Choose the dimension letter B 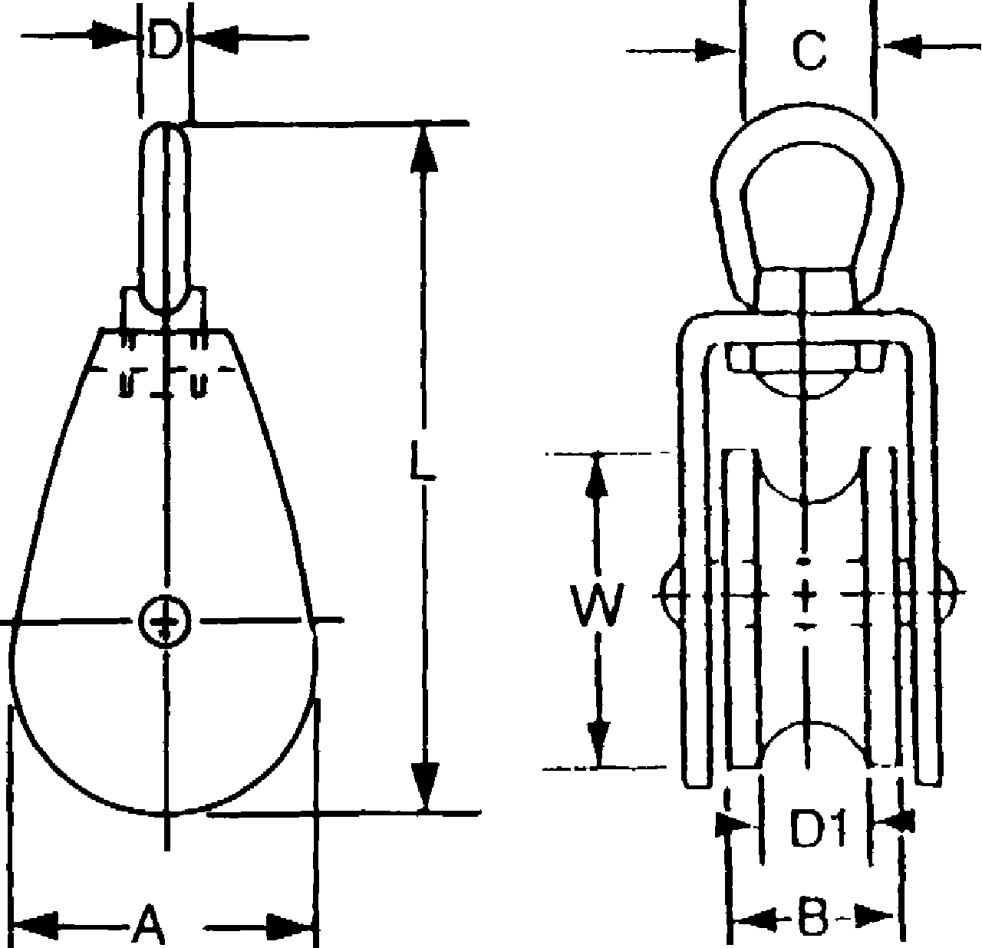pos(812,917)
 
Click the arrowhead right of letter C pos(902,46)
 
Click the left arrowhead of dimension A pos(34,925)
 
